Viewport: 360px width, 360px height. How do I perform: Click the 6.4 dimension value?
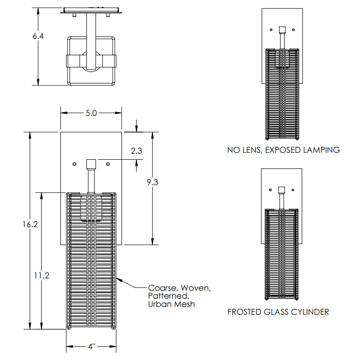click(38, 36)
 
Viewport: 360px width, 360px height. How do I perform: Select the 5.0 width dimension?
click(91, 113)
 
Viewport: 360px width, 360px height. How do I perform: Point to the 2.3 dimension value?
click(136, 151)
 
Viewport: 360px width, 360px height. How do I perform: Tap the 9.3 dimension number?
click(152, 182)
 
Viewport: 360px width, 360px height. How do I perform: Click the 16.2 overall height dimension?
click(30, 224)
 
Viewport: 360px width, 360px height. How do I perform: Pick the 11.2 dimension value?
click(42, 275)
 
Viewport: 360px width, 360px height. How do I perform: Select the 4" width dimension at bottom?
click(91, 346)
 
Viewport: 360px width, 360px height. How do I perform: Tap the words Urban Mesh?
click(172, 304)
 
